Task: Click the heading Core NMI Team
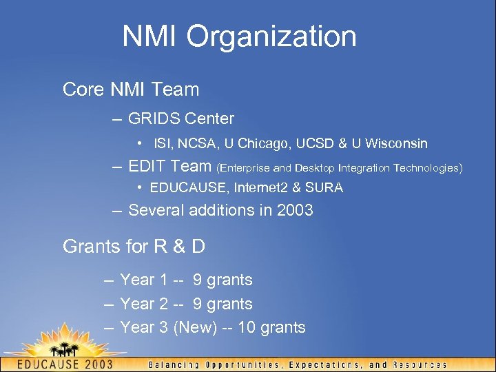pos(130,90)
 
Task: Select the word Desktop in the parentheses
pos(317,167)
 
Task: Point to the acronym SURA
pos(325,188)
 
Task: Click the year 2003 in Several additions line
pos(295,210)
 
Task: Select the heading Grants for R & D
pos(134,246)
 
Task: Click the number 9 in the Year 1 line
pos(197,280)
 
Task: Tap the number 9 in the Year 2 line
pos(197,304)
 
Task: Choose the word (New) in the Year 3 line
pos(195,328)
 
